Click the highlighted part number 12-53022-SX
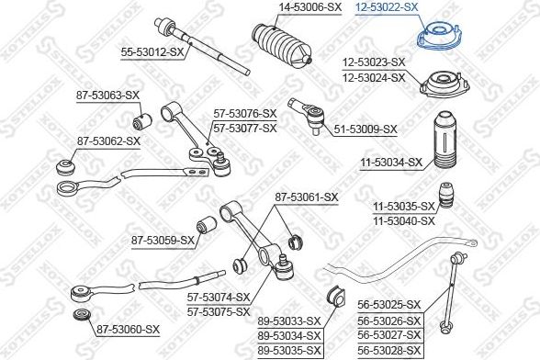pyautogui.click(x=388, y=6)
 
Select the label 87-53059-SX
pyautogui.click(x=163, y=242)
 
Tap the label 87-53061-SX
pyautogui.click(x=307, y=197)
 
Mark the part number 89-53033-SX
pyautogui.click(x=288, y=321)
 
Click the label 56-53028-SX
pyautogui.click(x=388, y=350)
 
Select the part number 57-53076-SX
pyautogui.click(x=245, y=114)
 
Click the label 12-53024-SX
pyautogui.click(x=374, y=78)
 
